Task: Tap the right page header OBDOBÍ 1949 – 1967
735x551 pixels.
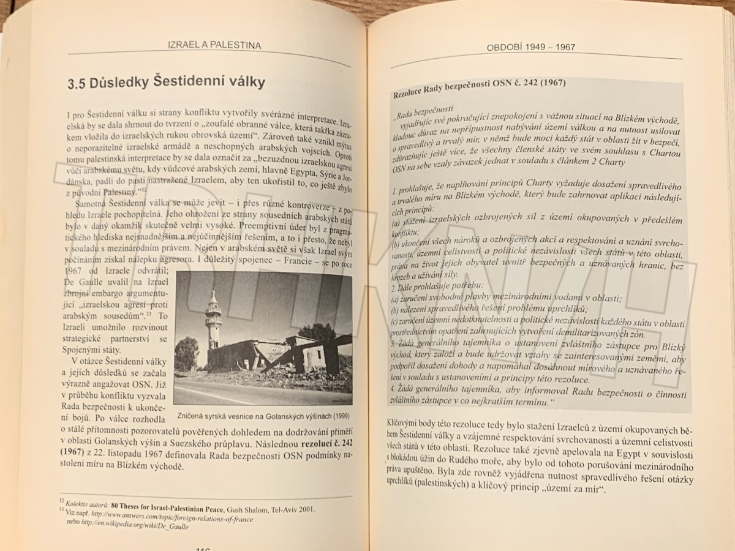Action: pyautogui.click(x=530, y=48)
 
